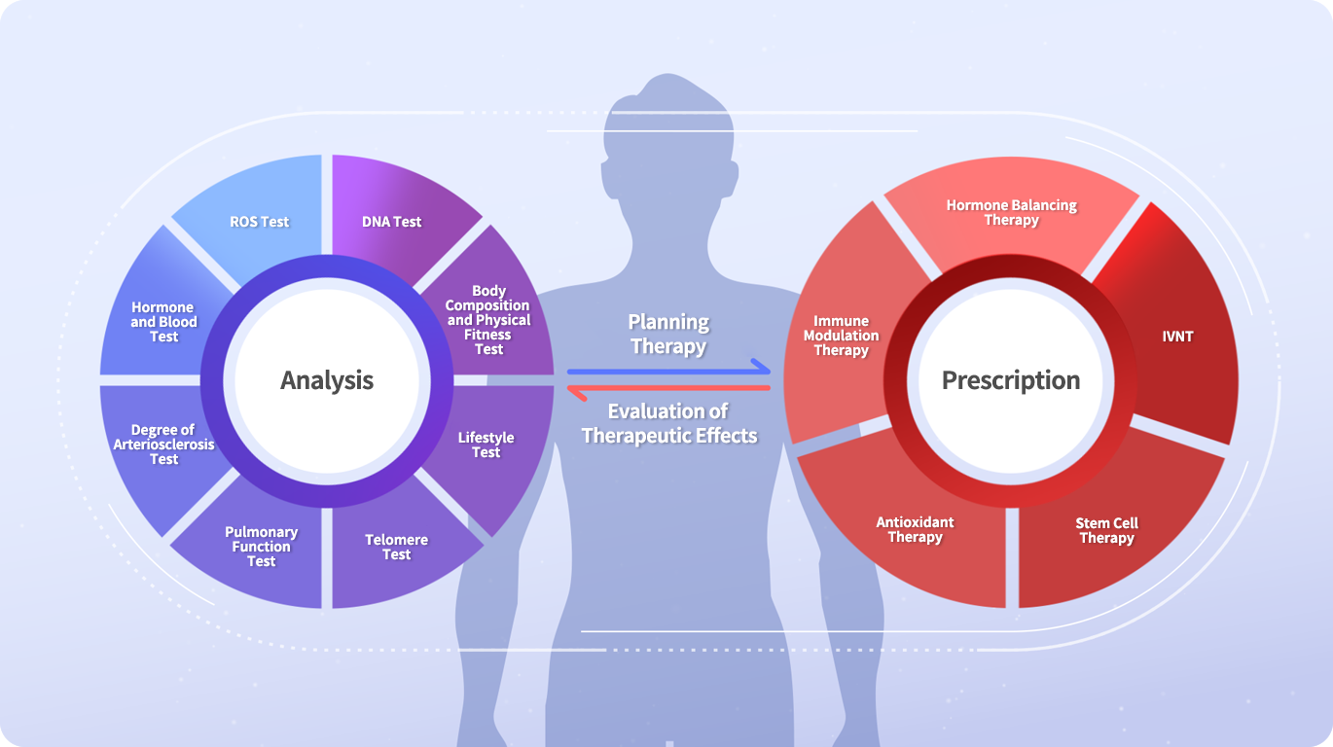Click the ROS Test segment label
coord(260,222)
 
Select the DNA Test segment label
coord(391,222)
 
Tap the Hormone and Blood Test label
coord(163,322)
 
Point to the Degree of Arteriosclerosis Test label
coord(163,445)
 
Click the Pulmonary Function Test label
coord(261,547)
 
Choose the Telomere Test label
coord(396,548)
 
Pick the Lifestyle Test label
coord(486,445)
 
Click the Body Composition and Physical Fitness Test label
coord(488,320)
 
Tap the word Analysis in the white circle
coord(327,380)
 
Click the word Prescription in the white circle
coord(1011,380)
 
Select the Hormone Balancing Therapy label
coord(1012,212)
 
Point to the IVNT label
coord(1177,337)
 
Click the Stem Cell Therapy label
coord(1107,530)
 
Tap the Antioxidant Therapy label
coord(916,529)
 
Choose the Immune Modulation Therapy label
coord(842,336)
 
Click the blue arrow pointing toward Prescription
coord(668,372)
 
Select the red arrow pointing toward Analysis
coord(668,388)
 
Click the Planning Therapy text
coord(668,334)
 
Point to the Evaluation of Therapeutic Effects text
coord(668,423)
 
